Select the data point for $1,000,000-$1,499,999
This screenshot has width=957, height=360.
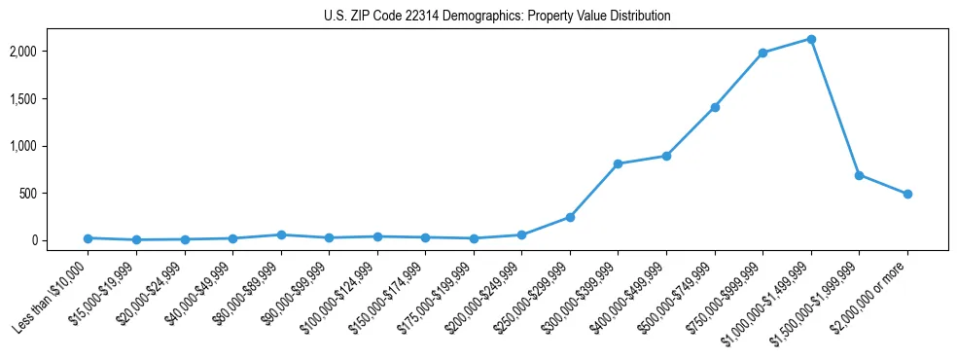(x=811, y=39)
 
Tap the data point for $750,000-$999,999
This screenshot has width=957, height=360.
(x=762, y=53)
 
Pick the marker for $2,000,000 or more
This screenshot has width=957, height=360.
(x=907, y=194)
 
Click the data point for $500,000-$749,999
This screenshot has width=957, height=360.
(x=715, y=107)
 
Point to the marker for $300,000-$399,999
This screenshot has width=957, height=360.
(x=619, y=163)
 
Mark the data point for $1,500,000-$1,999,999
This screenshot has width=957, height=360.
(x=859, y=175)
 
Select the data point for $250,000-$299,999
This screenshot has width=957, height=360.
(x=570, y=217)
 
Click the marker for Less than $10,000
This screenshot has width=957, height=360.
(x=88, y=238)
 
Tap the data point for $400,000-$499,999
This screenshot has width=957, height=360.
(x=666, y=156)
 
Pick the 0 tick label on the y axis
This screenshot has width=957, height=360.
(x=61, y=240)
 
